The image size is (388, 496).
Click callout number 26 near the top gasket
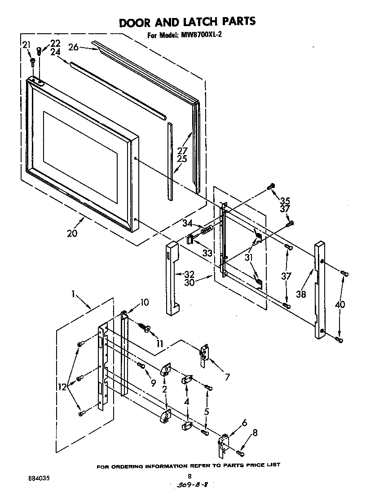tap(74, 46)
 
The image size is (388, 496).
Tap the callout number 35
tap(285, 201)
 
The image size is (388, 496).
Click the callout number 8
tap(255, 433)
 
